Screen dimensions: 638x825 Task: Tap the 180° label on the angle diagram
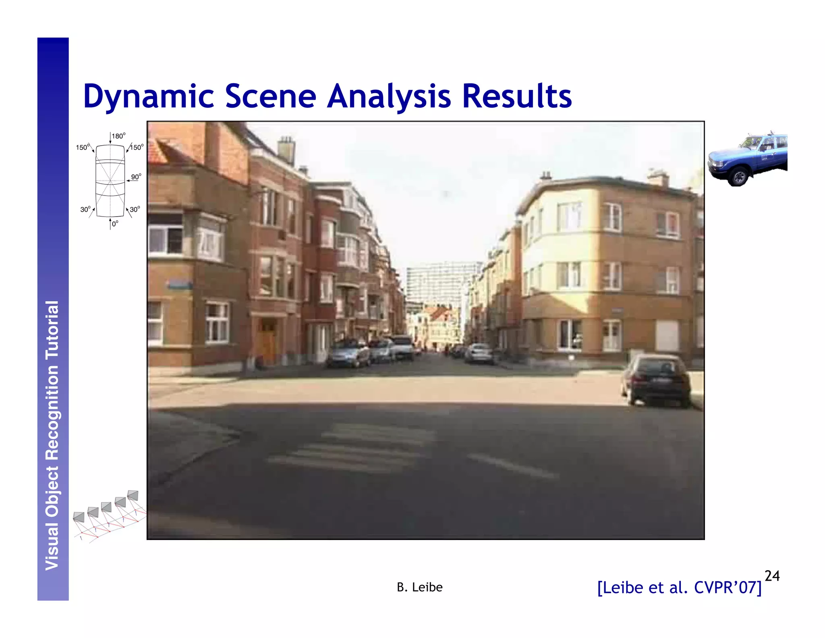(x=118, y=136)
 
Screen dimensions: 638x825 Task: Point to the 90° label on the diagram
(x=136, y=177)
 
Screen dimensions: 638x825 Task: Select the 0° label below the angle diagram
(x=115, y=224)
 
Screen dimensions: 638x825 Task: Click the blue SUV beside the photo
(x=748, y=158)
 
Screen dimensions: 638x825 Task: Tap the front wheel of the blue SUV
(x=739, y=177)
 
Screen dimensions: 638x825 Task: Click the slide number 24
(x=772, y=576)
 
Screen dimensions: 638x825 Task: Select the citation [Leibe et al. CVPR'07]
(x=679, y=588)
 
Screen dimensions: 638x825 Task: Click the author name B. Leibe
(x=419, y=587)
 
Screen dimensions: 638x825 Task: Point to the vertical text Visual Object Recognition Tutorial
(x=52, y=436)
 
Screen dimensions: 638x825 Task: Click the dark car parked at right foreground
(x=656, y=379)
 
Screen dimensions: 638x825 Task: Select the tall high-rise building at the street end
(x=441, y=282)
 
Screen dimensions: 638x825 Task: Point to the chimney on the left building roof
(x=286, y=150)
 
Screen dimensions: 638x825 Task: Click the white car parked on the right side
(x=479, y=353)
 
